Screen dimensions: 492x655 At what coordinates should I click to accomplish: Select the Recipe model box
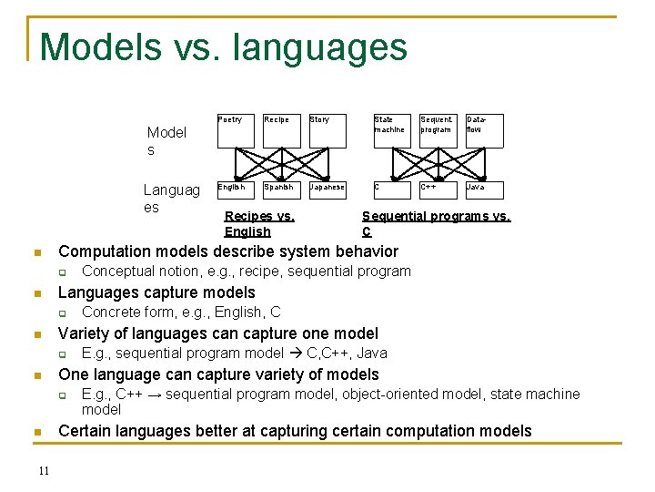click(x=282, y=130)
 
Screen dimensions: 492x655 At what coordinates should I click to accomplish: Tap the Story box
click(x=327, y=130)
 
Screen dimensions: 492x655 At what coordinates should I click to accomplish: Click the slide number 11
click(x=44, y=470)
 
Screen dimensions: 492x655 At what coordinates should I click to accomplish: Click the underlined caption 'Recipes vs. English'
click(x=259, y=224)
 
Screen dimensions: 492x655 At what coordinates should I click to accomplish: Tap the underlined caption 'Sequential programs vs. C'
click(x=436, y=224)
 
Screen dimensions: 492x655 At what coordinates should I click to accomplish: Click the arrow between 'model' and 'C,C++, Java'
click(x=294, y=354)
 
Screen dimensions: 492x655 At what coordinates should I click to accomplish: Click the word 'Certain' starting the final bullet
click(x=86, y=431)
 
